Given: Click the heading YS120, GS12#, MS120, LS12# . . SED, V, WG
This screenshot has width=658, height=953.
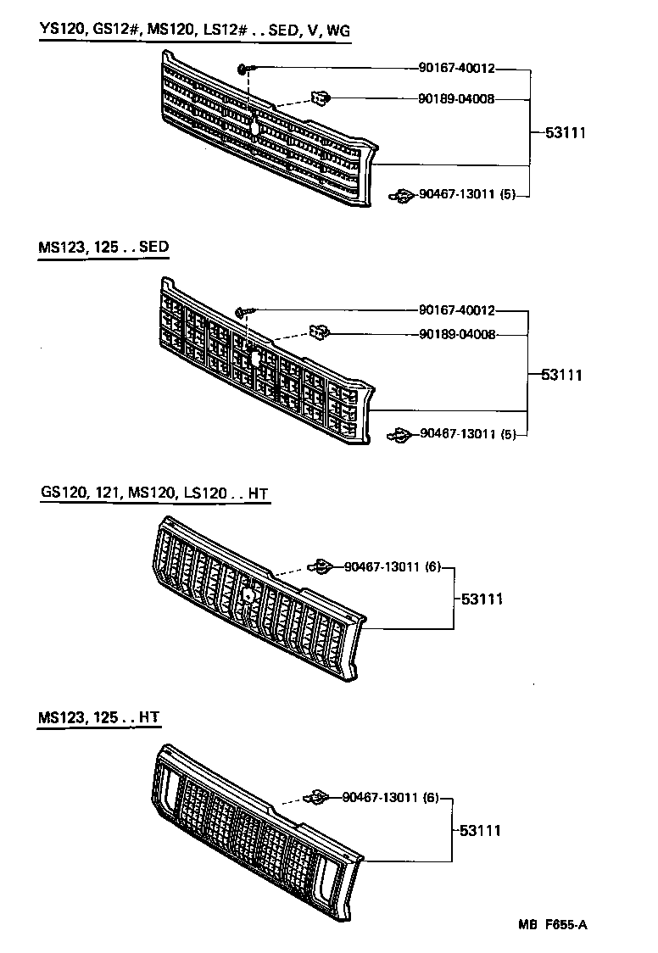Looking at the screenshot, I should (194, 31).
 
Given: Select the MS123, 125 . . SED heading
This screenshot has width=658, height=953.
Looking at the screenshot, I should (103, 248).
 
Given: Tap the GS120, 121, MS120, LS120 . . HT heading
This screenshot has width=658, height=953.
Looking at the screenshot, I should (154, 493).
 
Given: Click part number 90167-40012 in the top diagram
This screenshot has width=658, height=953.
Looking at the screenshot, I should (456, 68).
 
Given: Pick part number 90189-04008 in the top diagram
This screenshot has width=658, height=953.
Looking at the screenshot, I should (456, 99).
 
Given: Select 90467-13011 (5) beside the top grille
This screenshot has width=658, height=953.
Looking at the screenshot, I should (467, 196).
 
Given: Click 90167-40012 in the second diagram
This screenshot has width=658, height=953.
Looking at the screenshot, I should (456, 311).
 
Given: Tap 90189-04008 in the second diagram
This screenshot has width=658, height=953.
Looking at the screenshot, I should (456, 334).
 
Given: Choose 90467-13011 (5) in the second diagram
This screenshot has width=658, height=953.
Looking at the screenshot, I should (467, 435).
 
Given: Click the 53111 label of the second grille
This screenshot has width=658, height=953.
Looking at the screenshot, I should (562, 374).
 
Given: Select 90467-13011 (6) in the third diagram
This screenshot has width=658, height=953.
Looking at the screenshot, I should (392, 567).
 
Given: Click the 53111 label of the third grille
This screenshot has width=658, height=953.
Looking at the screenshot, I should (482, 599).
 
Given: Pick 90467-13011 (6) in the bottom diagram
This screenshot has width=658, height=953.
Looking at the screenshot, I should (392, 798).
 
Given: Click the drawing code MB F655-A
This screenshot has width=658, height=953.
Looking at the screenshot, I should (552, 924).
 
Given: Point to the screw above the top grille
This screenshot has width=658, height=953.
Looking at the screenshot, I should (245, 69).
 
